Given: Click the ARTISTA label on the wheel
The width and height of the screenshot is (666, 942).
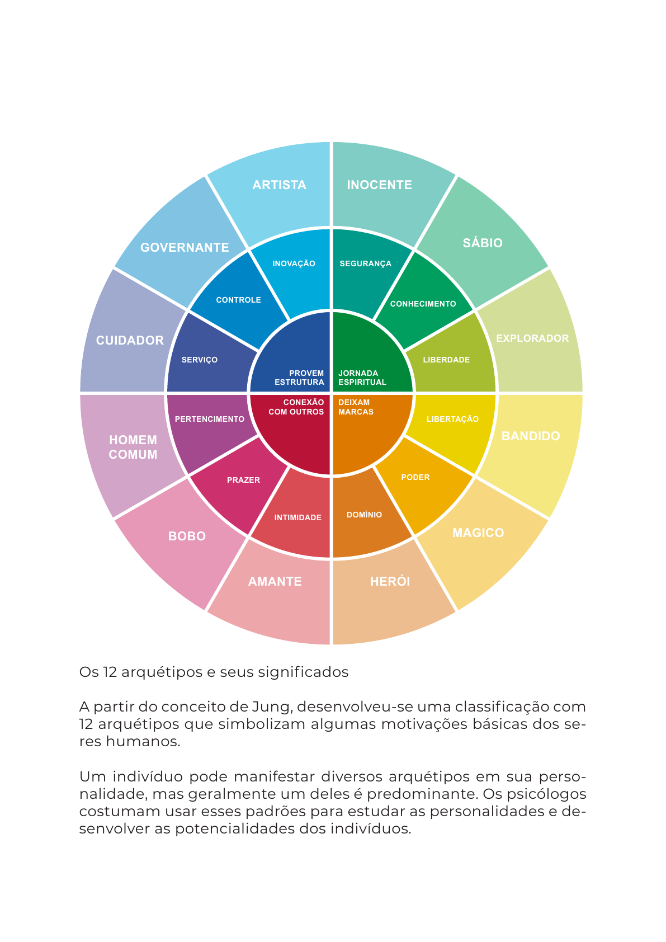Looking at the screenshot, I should [x=279, y=185].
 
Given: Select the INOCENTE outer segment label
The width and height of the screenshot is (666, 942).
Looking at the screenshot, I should [x=379, y=185].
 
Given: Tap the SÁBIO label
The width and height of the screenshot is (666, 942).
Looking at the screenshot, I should [x=483, y=243].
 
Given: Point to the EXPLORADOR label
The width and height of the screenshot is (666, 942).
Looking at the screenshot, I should [x=532, y=338].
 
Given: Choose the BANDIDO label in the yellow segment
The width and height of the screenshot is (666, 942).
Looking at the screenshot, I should [x=531, y=436].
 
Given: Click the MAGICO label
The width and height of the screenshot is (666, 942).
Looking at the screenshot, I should [x=478, y=533].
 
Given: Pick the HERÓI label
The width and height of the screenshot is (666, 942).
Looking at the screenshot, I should [x=390, y=582].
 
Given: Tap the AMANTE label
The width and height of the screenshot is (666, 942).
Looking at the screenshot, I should [x=275, y=582].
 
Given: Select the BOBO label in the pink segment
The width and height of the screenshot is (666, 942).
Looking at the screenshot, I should [x=187, y=536].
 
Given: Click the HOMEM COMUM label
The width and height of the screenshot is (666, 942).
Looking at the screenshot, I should [x=133, y=448].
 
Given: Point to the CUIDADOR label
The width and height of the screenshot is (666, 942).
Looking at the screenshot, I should [x=130, y=341].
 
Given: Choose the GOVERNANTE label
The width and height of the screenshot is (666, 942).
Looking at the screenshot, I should [x=185, y=248].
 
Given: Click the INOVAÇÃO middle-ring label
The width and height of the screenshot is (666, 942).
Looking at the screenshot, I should [x=294, y=264].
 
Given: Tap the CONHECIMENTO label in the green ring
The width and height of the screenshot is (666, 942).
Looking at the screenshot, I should [x=423, y=304].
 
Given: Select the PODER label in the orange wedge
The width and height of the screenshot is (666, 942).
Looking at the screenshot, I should [x=415, y=478].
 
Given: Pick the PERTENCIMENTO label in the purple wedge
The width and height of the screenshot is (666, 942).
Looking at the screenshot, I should [x=210, y=420].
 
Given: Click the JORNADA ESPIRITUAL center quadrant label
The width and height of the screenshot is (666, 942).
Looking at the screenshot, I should [x=362, y=378].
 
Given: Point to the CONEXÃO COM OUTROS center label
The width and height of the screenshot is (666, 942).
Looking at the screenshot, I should [x=296, y=407].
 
